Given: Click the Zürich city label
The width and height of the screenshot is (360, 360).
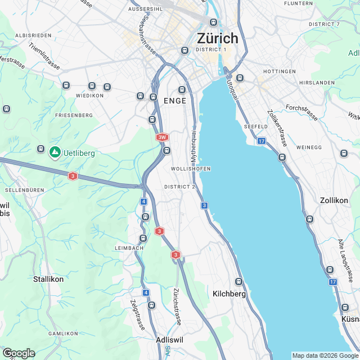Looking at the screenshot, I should (217, 38).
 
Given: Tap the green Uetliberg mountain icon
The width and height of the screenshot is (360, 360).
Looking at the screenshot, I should (55, 152).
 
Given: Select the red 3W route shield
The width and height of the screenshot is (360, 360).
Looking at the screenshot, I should (162, 137).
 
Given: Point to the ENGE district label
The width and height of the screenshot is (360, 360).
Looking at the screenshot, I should (174, 100).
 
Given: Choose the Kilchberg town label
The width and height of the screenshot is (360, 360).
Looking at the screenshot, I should (229, 294).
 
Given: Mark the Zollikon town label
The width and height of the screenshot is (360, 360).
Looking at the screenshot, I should (334, 200).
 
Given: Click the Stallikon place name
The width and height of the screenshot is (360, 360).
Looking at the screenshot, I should (48, 278).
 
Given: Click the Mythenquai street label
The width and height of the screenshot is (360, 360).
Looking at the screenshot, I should (193, 145).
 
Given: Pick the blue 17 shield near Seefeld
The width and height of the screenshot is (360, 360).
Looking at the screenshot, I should (262, 141).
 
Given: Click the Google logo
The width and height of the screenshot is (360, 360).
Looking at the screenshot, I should (19, 353).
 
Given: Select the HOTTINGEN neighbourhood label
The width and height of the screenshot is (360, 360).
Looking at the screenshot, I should (279, 71).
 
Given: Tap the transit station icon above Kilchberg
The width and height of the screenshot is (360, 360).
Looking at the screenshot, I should (238, 281).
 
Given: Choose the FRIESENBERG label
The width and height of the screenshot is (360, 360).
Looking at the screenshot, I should (74, 115).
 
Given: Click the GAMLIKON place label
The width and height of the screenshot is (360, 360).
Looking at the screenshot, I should (62, 334).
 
